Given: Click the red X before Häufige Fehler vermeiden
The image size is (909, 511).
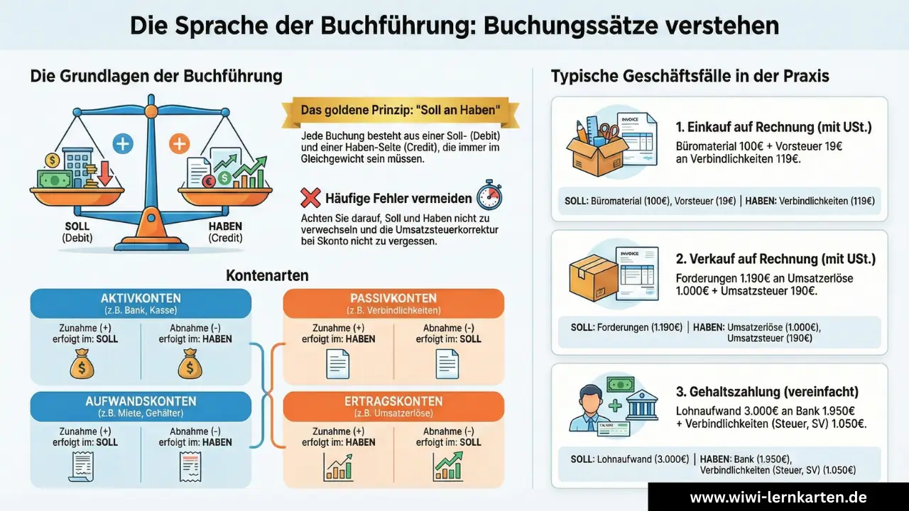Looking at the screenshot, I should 310,198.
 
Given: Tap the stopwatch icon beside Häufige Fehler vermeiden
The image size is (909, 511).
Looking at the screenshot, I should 489,194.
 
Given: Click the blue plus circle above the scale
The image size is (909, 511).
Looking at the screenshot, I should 123,144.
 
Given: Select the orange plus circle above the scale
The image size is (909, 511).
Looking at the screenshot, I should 179,144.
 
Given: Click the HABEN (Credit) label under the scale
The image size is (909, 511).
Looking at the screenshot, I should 225,233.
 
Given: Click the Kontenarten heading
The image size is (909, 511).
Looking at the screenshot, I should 267,275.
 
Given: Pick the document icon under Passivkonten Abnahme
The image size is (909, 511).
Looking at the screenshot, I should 447,364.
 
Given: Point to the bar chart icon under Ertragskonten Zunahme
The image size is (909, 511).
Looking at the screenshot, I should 338,467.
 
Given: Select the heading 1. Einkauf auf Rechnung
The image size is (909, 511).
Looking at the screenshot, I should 774,128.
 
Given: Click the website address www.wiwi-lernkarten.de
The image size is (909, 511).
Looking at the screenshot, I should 778,497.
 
